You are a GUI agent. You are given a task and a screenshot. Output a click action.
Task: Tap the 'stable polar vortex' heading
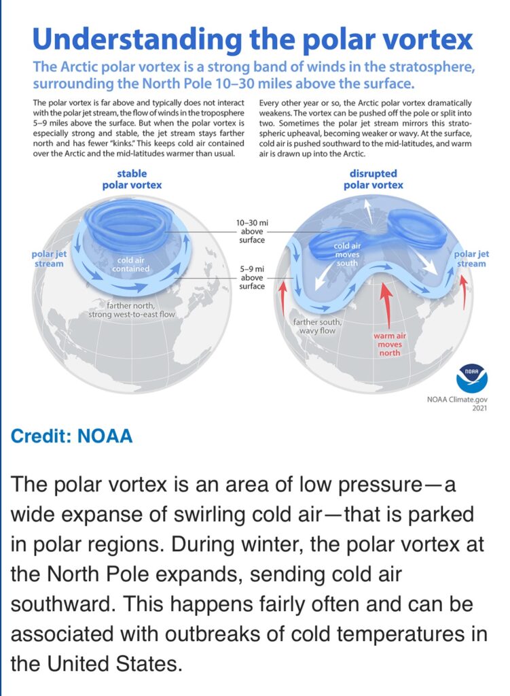tap(132, 179)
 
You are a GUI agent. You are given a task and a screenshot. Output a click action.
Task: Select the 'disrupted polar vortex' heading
tap(374, 179)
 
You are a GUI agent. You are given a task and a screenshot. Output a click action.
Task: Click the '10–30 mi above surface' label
tap(252, 231)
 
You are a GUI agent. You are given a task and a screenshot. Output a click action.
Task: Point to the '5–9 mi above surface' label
tap(252, 277)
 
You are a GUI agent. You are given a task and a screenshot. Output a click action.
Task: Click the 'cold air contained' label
tap(130, 264)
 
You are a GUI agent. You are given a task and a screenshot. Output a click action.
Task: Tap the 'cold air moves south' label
tap(347, 254)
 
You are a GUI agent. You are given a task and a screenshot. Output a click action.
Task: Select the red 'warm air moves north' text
tap(390, 345)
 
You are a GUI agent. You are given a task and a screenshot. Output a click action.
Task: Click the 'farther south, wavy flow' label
tap(317, 326)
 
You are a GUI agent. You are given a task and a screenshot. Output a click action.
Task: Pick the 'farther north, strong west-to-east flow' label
tap(132, 310)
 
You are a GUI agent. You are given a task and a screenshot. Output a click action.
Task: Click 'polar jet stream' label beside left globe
tap(49, 259)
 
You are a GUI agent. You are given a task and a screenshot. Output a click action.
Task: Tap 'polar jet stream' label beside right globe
tap(471, 259)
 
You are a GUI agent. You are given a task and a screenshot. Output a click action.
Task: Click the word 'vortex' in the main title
tap(427, 39)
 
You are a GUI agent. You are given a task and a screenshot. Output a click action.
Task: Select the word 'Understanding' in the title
tap(137, 40)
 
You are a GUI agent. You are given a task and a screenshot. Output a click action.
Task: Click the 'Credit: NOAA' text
tap(71, 436)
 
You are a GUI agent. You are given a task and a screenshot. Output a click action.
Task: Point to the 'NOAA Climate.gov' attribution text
tap(457, 400)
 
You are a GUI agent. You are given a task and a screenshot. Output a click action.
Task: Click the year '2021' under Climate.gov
tap(479, 408)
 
